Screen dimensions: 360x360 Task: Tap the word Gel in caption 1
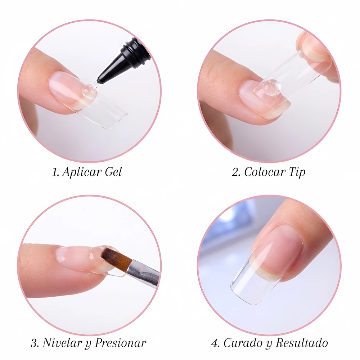pyautogui.click(x=113, y=172)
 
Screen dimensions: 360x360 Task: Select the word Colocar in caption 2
pyautogui.click(x=265, y=172)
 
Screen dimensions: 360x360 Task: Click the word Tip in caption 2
pyautogui.click(x=297, y=172)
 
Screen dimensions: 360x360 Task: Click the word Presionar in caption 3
pyautogui.click(x=121, y=343)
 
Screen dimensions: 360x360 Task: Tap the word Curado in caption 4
pyautogui.click(x=243, y=343)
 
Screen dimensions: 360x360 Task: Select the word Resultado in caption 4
pyautogui.click(x=302, y=343)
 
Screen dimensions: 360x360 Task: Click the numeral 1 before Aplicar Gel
pyautogui.click(x=55, y=172)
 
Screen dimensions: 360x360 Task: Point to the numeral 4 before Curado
pyautogui.click(x=216, y=343)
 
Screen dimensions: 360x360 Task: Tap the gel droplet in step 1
pyautogui.click(x=89, y=92)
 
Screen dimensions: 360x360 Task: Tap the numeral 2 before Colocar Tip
pyautogui.click(x=236, y=172)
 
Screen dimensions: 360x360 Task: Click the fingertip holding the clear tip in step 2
pyautogui.click(x=315, y=49)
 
